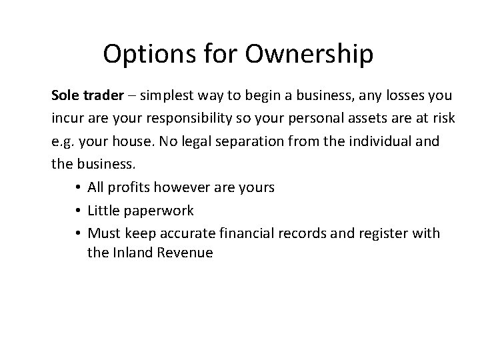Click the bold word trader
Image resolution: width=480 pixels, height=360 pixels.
103,95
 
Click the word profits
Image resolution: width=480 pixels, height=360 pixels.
133,188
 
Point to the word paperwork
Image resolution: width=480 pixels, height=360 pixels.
160,211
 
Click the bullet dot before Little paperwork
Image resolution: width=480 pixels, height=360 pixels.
78,211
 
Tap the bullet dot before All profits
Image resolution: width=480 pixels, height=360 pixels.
78,188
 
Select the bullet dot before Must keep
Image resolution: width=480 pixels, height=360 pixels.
78,233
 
